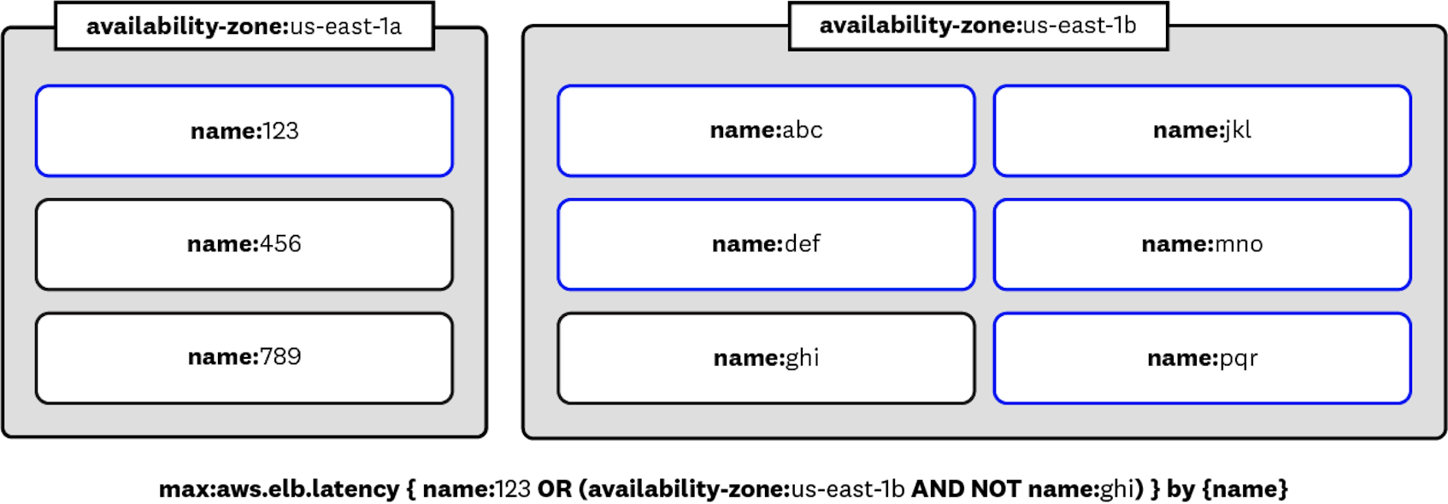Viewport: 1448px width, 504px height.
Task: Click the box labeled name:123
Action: pos(244,131)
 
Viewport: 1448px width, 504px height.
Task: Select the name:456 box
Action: pos(244,244)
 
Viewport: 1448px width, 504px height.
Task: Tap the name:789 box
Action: pos(244,357)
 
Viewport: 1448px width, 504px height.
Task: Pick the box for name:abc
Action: pos(766,131)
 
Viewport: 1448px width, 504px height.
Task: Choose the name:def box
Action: pos(766,244)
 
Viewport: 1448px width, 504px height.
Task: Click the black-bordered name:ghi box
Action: pos(766,358)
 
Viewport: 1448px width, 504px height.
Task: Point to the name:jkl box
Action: pos(1202,131)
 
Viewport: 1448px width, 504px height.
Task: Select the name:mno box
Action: pos(1202,244)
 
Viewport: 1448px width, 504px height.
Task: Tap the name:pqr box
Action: pos(1202,358)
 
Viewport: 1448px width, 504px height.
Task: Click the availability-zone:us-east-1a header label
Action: pos(244,26)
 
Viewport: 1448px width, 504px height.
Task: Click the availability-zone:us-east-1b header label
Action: pos(978,26)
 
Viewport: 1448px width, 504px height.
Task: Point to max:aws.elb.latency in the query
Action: pos(279,489)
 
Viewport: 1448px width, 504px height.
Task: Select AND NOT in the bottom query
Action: pos(965,489)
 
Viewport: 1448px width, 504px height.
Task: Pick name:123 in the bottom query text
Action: pos(476,489)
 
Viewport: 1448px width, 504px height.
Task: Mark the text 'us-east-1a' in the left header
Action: pos(345,26)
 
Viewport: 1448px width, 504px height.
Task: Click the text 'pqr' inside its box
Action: pos(1238,359)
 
